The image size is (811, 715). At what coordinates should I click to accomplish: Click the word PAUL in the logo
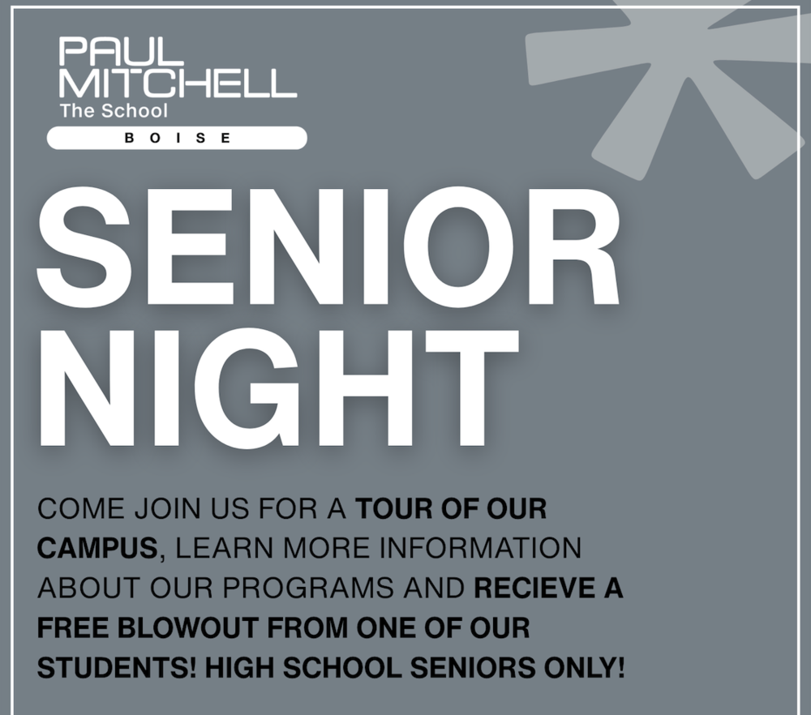point(114,50)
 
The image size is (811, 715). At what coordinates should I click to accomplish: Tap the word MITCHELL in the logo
point(178,83)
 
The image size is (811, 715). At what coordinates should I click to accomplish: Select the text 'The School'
point(114,110)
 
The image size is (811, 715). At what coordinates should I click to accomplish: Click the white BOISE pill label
point(177,138)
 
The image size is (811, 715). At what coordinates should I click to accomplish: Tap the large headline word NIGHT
point(278,387)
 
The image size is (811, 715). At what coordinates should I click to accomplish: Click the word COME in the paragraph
point(81,508)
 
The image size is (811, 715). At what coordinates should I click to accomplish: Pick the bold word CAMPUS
point(97,548)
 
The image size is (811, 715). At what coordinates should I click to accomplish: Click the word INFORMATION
point(480,548)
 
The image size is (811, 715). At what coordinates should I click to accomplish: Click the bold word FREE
point(73,627)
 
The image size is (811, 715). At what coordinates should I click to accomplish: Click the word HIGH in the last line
point(240,667)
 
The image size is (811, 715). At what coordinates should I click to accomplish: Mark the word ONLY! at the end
point(585,667)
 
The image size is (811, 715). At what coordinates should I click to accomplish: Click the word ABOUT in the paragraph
point(89,588)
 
